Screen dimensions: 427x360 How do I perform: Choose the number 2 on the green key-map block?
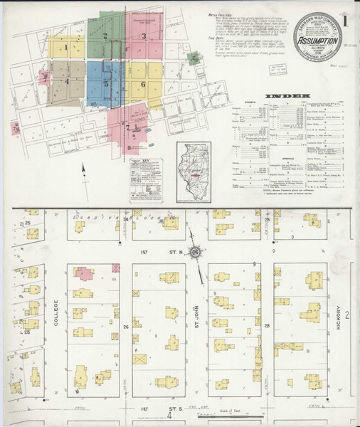105,35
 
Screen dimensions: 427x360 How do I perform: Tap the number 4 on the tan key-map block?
67,81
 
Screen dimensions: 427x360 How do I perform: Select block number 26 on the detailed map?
125,327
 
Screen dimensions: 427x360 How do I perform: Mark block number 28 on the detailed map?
266,327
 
